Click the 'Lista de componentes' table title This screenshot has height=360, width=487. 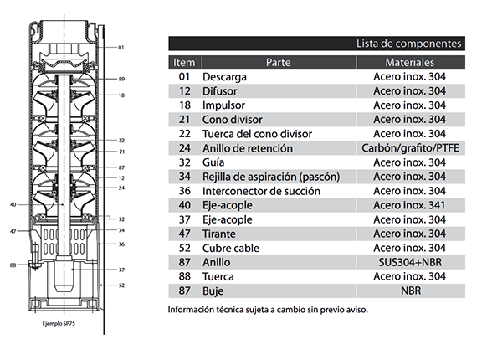click(x=408, y=44)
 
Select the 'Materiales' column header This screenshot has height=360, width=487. click(x=410, y=63)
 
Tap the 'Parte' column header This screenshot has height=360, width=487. click(x=279, y=63)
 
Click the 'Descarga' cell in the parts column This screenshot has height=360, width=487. click(x=224, y=77)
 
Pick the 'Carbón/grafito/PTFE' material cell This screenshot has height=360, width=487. click(x=410, y=148)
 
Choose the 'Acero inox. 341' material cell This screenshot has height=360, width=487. click(x=409, y=205)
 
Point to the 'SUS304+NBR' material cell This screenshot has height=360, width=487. click(x=410, y=262)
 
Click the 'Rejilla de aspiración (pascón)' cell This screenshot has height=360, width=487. click(x=271, y=177)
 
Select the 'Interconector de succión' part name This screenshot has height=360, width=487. click(x=261, y=191)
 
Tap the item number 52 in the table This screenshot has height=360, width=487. click(x=184, y=248)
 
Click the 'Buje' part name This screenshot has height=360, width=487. click(x=213, y=291)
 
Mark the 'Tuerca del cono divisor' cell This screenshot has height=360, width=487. click(x=257, y=134)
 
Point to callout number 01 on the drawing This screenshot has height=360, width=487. click(x=120, y=48)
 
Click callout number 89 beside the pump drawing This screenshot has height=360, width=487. click(x=121, y=79)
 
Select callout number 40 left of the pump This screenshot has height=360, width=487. click(x=13, y=204)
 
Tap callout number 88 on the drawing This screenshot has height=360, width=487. click(x=13, y=265)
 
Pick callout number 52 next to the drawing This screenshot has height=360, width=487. click(x=121, y=285)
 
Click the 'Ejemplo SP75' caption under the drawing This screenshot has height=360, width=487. click(x=59, y=324)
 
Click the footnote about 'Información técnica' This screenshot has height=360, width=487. click(x=268, y=310)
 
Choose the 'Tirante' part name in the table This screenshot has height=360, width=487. click(x=219, y=234)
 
